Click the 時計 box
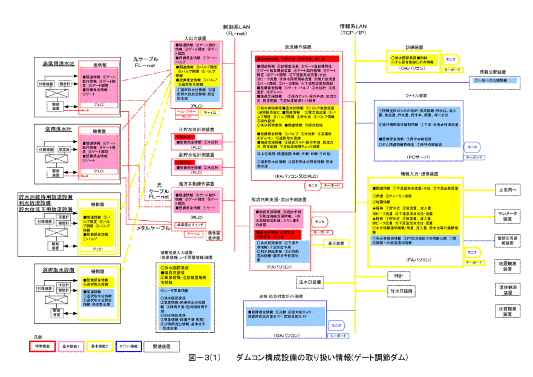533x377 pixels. pyautogui.click(x=399, y=276)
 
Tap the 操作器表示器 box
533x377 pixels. pyautogui.click(x=214, y=235)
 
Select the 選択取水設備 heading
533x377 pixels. pyautogui.click(x=58, y=270)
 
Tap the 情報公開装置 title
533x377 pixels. pyautogui.click(x=493, y=72)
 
